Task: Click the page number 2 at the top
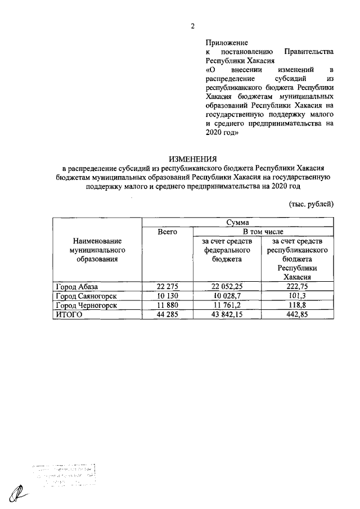pos(192,25)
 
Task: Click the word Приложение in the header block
pos(227,42)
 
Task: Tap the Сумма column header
pos(238,223)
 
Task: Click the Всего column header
pos(167,232)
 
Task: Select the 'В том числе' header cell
pos(265,232)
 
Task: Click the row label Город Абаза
pos(76,287)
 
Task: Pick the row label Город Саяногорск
pos(85,296)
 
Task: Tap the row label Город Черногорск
pos(86,305)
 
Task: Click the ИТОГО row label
pos(69,314)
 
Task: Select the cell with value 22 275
pos(167,287)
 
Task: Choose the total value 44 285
pos(167,314)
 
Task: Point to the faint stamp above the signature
pos(62,475)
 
